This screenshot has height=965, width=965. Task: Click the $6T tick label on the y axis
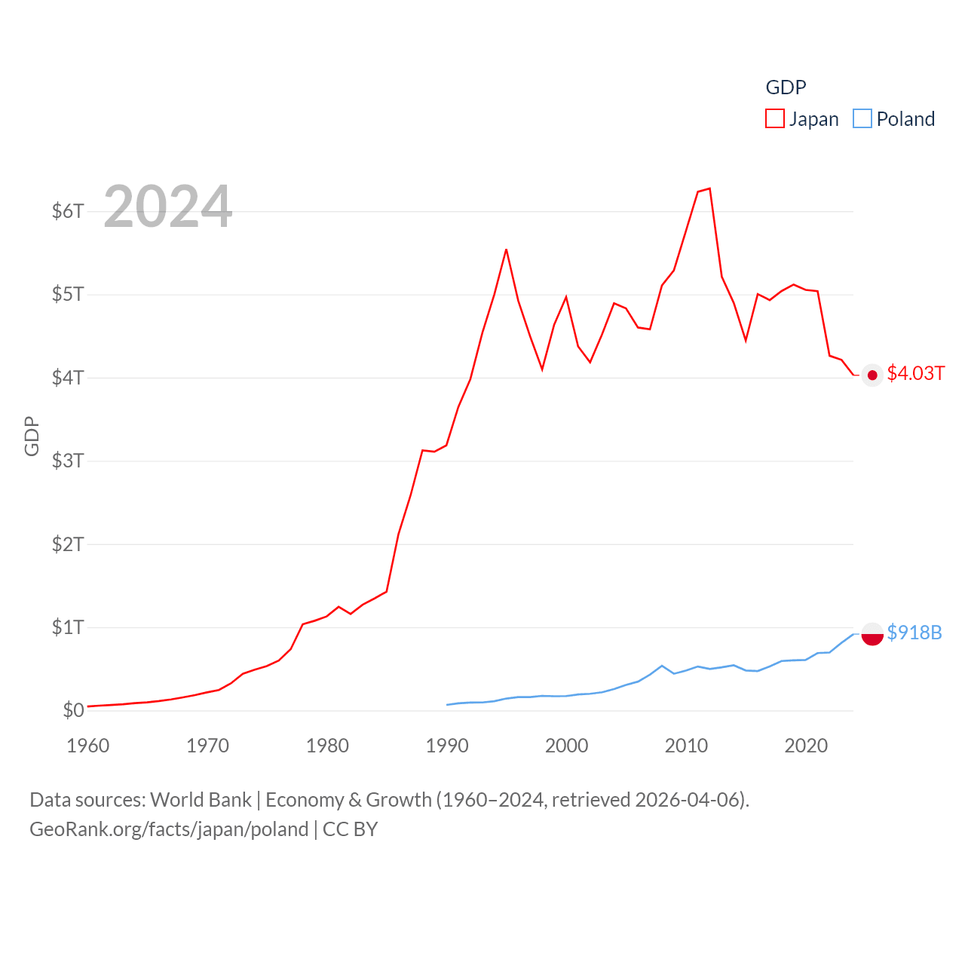tap(68, 211)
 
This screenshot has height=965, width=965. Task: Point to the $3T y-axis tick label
tap(68, 461)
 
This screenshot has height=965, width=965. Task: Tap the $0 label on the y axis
tap(73, 710)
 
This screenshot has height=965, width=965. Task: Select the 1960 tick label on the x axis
tap(88, 746)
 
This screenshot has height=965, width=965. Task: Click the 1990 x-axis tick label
tap(447, 746)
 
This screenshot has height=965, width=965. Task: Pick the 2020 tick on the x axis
tap(806, 746)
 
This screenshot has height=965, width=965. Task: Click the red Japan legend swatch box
tap(775, 119)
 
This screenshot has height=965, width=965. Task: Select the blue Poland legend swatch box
tap(862, 119)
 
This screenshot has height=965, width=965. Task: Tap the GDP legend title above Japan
tap(786, 87)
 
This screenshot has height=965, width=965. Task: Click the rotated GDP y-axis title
tap(32, 436)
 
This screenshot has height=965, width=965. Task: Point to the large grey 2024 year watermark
tap(168, 206)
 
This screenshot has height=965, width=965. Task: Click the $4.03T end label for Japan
tap(915, 374)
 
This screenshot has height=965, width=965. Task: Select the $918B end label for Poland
tap(914, 633)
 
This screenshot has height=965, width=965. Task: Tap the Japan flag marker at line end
tap(872, 375)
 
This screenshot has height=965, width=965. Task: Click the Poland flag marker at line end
tap(872, 635)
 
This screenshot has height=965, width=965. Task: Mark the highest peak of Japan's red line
tap(709, 188)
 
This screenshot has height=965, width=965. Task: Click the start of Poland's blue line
tap(447, 705)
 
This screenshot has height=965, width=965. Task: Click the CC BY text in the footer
tap(350, 829)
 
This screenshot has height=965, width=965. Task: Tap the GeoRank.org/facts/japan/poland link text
tap(169, 829)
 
